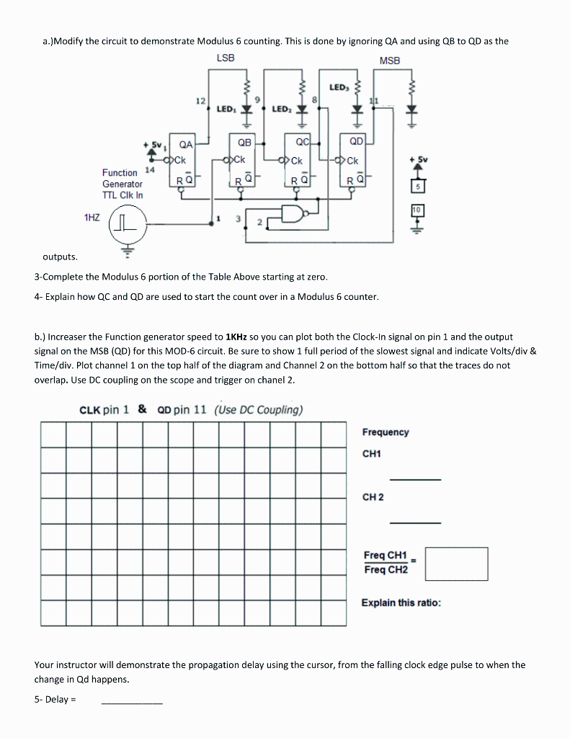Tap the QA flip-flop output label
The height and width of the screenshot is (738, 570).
click(186, 144)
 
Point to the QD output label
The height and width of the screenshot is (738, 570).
click(356, 141)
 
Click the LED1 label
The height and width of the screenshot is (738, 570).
click(226, 109)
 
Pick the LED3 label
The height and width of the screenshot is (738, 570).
click(338, 87)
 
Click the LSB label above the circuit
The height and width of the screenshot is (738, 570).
click(225, 58)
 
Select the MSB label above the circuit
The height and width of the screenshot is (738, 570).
click(389, 61)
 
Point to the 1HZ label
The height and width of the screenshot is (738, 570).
click(92, 215)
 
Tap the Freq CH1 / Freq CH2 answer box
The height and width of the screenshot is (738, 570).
click(456, 563)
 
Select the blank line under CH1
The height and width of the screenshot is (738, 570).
click(415, 479)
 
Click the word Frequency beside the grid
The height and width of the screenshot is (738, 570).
click(386, 432)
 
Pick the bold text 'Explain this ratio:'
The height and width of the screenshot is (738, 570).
click(401, 603)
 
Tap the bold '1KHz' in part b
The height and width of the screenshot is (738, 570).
click(237, 337)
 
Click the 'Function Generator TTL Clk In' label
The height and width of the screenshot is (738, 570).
click(123, 184)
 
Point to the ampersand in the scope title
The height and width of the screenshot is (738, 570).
click(142, 409)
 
